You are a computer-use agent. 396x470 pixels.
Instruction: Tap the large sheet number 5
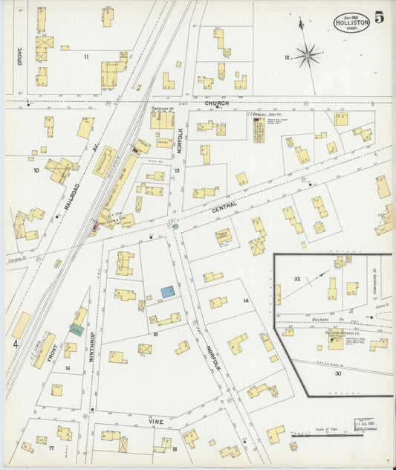coord(380,18)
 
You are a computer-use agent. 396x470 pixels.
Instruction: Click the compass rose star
coord(307,54)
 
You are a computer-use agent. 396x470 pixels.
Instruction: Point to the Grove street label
coord(20,57)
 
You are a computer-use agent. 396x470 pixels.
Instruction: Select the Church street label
coord(216,103)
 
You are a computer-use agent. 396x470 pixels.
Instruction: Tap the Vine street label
coord(156,421)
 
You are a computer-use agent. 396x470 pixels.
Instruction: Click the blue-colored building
coord(169,292)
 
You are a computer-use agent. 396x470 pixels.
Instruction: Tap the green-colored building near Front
coord(76,329)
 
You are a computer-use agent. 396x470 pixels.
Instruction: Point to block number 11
coord(86,57)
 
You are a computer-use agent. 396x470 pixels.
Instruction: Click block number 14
coord(245,300)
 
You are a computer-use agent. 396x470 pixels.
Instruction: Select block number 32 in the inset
coord(297,279)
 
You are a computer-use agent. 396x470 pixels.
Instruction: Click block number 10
coord(35,170)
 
